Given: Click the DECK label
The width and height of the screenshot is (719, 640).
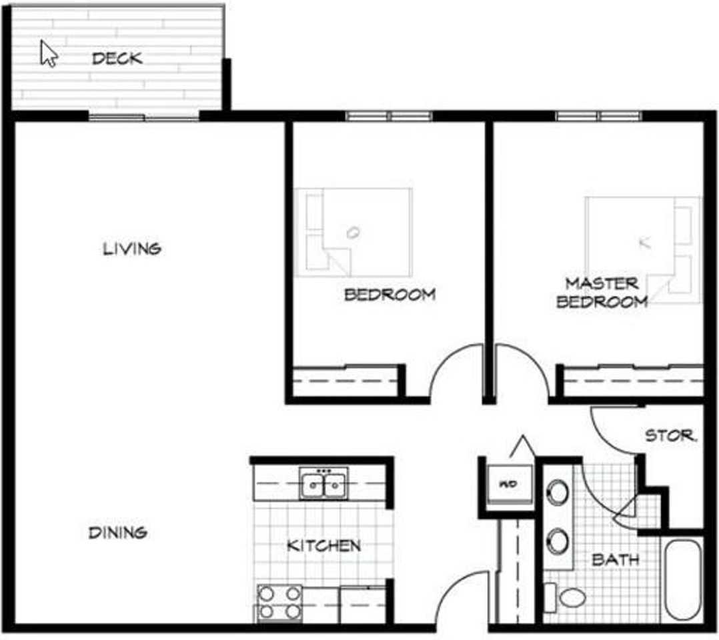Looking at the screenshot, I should click(117, 59).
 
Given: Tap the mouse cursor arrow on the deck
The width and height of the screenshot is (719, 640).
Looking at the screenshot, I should click(48, 53).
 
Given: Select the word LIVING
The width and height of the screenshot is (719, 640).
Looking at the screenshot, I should click(132, 249).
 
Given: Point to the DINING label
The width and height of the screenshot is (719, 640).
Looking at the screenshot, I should click(118, 533).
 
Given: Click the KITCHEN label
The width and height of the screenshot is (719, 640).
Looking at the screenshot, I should click(323, 546).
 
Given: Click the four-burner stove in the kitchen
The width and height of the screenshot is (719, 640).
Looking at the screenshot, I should click(279, 603).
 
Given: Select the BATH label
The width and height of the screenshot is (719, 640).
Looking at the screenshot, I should click(615, 560).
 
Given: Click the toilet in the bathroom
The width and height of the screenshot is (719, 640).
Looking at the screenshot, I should click(568, 597).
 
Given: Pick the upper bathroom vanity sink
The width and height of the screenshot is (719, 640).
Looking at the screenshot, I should click(558, 493).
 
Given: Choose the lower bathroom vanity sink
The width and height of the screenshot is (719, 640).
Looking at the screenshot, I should click(558, 541).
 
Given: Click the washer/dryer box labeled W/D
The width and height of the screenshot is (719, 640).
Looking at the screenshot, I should click(508, 485).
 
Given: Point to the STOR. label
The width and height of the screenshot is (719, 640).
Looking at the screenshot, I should click(670, 437).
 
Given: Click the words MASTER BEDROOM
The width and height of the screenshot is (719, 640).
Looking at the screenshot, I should click(602, 293).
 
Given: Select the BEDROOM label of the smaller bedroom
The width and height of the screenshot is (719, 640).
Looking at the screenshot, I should click(390, 295).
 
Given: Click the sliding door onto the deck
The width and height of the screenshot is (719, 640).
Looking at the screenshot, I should click(144, 117).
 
